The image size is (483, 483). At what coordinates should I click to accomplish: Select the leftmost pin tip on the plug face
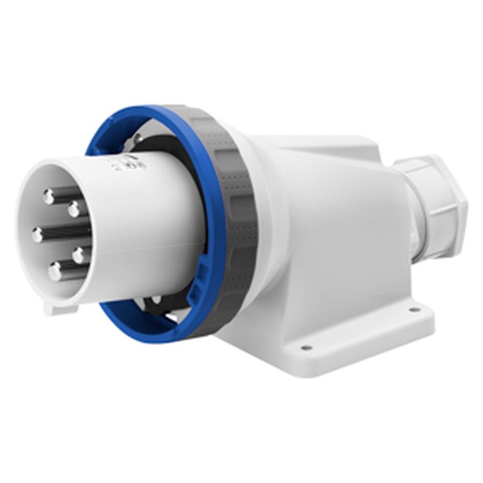tap(38, 235)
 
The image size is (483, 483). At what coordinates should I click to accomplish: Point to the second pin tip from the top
tap(74, 210)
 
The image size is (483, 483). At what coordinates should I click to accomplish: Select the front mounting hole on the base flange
tap(304, 347)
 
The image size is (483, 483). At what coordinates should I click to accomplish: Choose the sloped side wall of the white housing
tap(338, 232)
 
